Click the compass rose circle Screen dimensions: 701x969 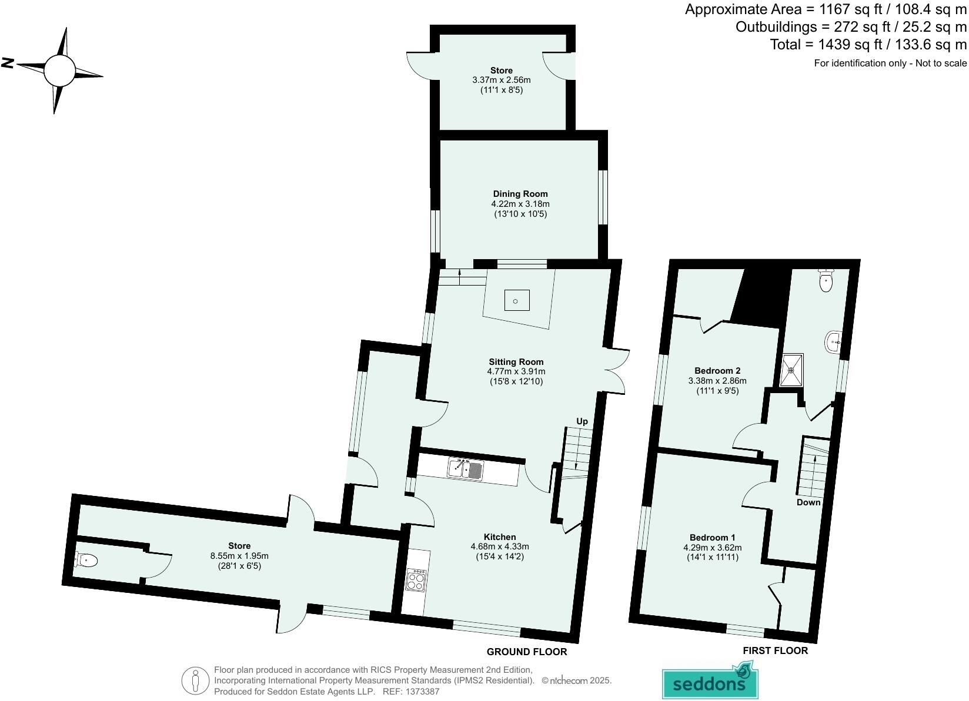(x=59, y=70)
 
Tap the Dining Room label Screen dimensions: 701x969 (x=520, y=194)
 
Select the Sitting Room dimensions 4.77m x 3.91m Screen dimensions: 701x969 (x=516, y=371)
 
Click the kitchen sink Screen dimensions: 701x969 (x=465, y=469)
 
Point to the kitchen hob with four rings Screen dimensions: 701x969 (x=416, y=581)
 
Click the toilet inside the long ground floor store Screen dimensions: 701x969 (x=86, y=561)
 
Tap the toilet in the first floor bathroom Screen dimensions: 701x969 (x=826, y=280)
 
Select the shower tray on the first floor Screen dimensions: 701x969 (x=791, y=370)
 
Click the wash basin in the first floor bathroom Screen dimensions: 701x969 (x=834, y=341)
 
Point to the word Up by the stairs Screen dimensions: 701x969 (x=582, y=421)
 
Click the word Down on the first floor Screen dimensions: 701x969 (x=808, y=502)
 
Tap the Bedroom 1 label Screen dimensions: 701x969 (x=712, y=538)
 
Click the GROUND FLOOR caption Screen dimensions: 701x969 (x=526, y=652)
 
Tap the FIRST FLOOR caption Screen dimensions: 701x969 (x=774, y=650)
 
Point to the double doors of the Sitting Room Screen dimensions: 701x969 (x=616, y=370)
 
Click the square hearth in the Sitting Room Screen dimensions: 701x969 (x=516, y=301)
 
